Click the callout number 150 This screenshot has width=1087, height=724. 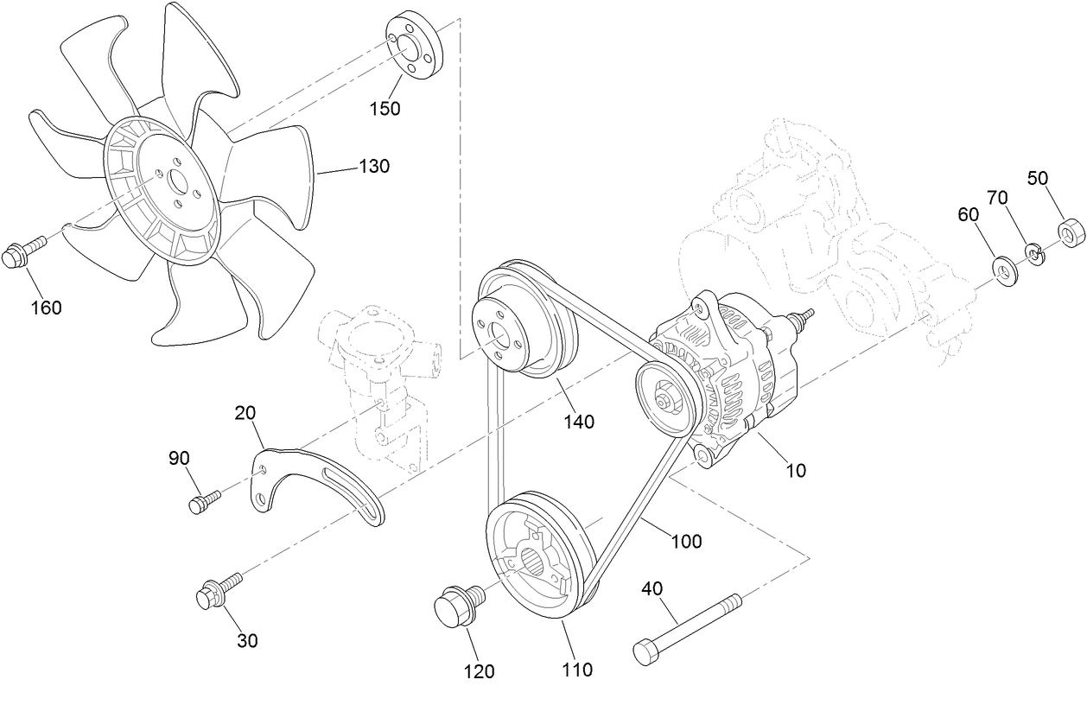pyautogui.click(x=385, y=108)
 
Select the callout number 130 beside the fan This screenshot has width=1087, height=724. pyautogui.click(x=375, y=166)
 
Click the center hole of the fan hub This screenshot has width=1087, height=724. pyautogui.click(x=179, y=182)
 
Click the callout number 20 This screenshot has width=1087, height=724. pyautogui.click(x=245, y=413)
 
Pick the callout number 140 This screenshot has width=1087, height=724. pyautogui.click(x=578, y=422)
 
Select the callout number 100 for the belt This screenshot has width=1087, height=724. pyautogui.click(x=686, y=542)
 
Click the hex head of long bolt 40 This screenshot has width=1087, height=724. pyautogui.click(x=648, y=651)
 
